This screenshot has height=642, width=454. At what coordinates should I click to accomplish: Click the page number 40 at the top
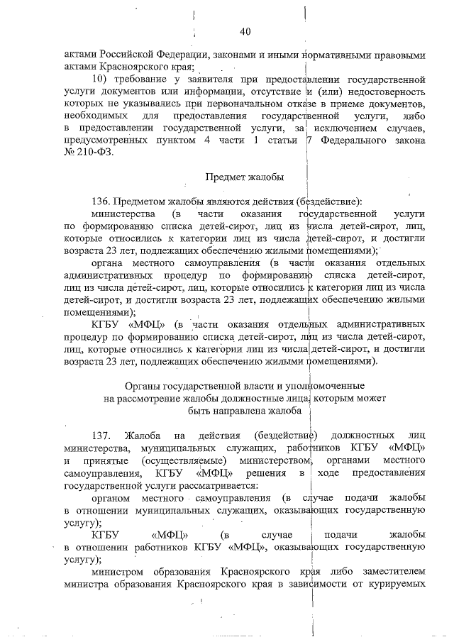point(246,31)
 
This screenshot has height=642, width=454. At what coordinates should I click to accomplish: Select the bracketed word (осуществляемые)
point(123,460)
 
